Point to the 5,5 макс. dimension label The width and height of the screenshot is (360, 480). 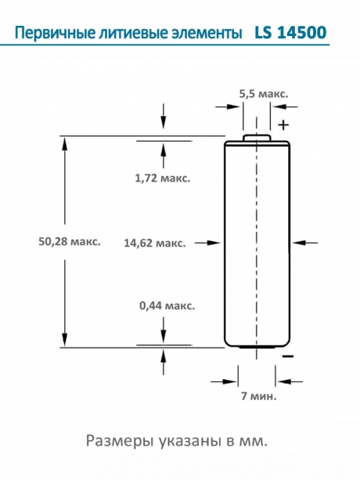[x=263, y=93]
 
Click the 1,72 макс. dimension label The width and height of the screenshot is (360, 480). [x=163, y=178]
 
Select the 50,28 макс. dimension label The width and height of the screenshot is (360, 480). [x=69, y=242]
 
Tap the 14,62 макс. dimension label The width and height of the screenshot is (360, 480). [x=154, y=243]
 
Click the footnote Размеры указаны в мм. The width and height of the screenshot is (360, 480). [x=179, y=441]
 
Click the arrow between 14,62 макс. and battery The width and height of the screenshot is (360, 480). [x=208, y=243]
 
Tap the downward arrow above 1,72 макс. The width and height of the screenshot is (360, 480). [x=163, y=117]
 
